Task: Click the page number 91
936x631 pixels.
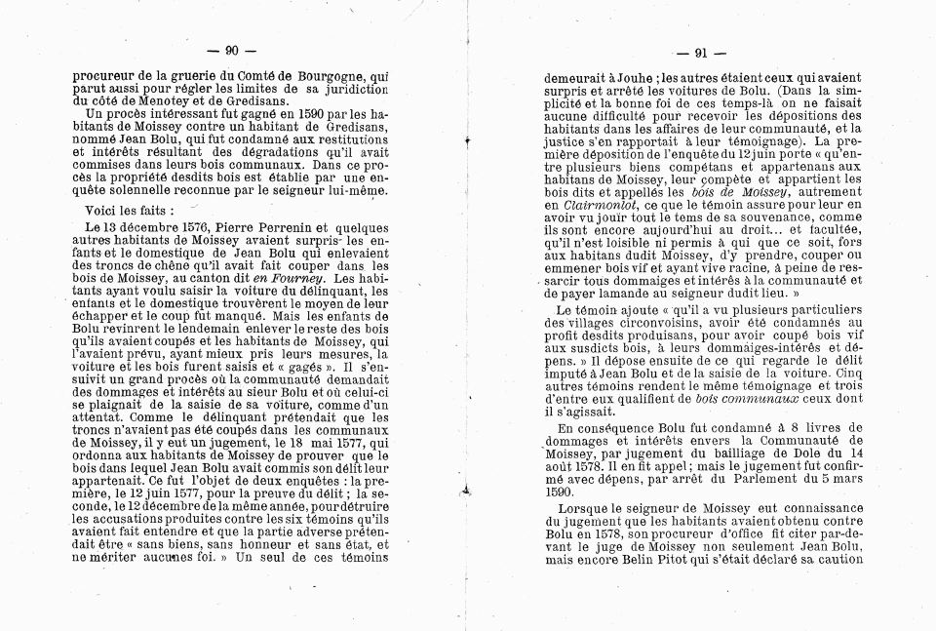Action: pyautogui.click(x=699, y=54)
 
